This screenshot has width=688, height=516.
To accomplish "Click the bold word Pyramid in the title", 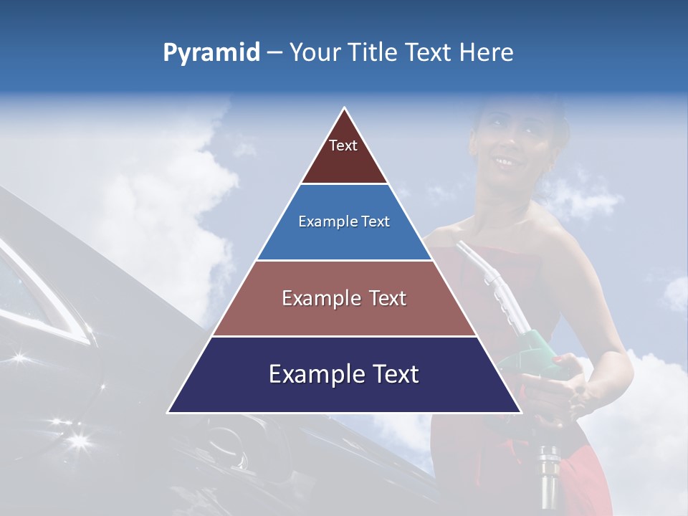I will click(x=211, y=53).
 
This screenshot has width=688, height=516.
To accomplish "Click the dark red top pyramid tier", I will click(x=344, y=154).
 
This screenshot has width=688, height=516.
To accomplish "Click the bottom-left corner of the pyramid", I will click(x=169, y=411).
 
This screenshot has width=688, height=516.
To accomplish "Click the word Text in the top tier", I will click(x=343, y=145).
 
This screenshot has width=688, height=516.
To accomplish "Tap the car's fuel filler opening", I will click(x=229, y=444).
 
